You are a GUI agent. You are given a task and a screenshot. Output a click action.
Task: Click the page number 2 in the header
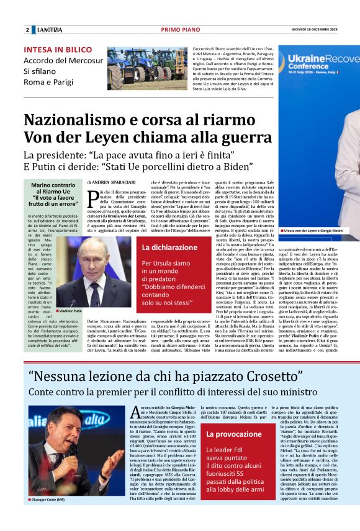pos(27,30)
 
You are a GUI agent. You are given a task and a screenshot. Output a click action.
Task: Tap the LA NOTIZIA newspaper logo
pos(50,30)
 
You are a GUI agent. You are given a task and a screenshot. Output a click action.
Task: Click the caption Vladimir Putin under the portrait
pos(70,310)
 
